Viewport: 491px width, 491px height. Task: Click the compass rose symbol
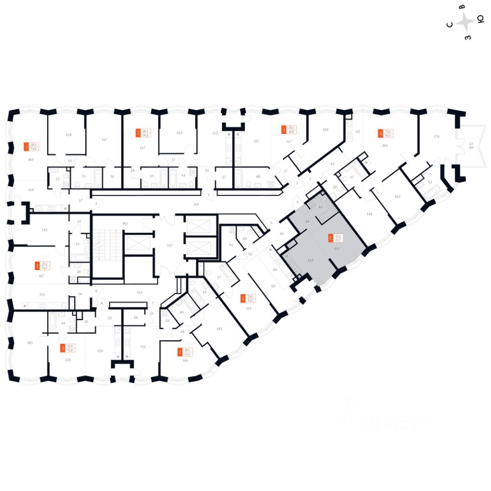(465, 22)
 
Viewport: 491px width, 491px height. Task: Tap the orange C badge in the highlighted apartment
(331, 237)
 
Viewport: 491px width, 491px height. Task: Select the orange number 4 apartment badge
(379, 134)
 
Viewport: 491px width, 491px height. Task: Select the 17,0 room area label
(436, 137)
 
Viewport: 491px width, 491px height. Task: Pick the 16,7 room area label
(41, 275)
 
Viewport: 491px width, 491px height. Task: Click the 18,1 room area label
(30, 343)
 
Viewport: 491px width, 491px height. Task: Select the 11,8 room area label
(68, 135)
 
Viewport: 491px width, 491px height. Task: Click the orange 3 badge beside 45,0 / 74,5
(27, 147)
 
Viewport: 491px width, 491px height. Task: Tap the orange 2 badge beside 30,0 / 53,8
(63, 349)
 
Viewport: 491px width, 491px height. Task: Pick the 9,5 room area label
(273, 286)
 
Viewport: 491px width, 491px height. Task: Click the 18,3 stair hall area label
(124, 224)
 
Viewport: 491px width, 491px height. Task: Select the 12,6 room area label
(100, 350)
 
